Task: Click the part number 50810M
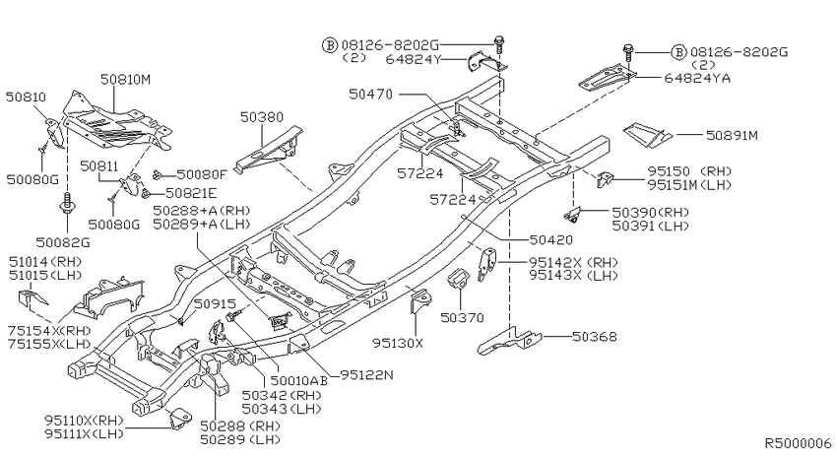[x=125, y=80]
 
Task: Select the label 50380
[x=262, y=117]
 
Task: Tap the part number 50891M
[x=732, y=136]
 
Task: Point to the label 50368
[x=594, y=336]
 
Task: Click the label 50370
[x=462, y=318]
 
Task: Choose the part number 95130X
[x=398, y=343]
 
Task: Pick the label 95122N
[x=366, y=375]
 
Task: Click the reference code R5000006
[x=798, y=443]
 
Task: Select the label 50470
[x=370, y=95]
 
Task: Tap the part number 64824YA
[x=697, y=79]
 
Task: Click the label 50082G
[x=63, y=243]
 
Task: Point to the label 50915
[x=215, y=304]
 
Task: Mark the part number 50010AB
[x=299, y=380]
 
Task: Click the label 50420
[x=551, y=240]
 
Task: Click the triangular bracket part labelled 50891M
[x=648, y=135]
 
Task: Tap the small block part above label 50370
[x=456, y=279]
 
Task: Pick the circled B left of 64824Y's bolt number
[x=330, y=45]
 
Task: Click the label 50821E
[x=191, y=193]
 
